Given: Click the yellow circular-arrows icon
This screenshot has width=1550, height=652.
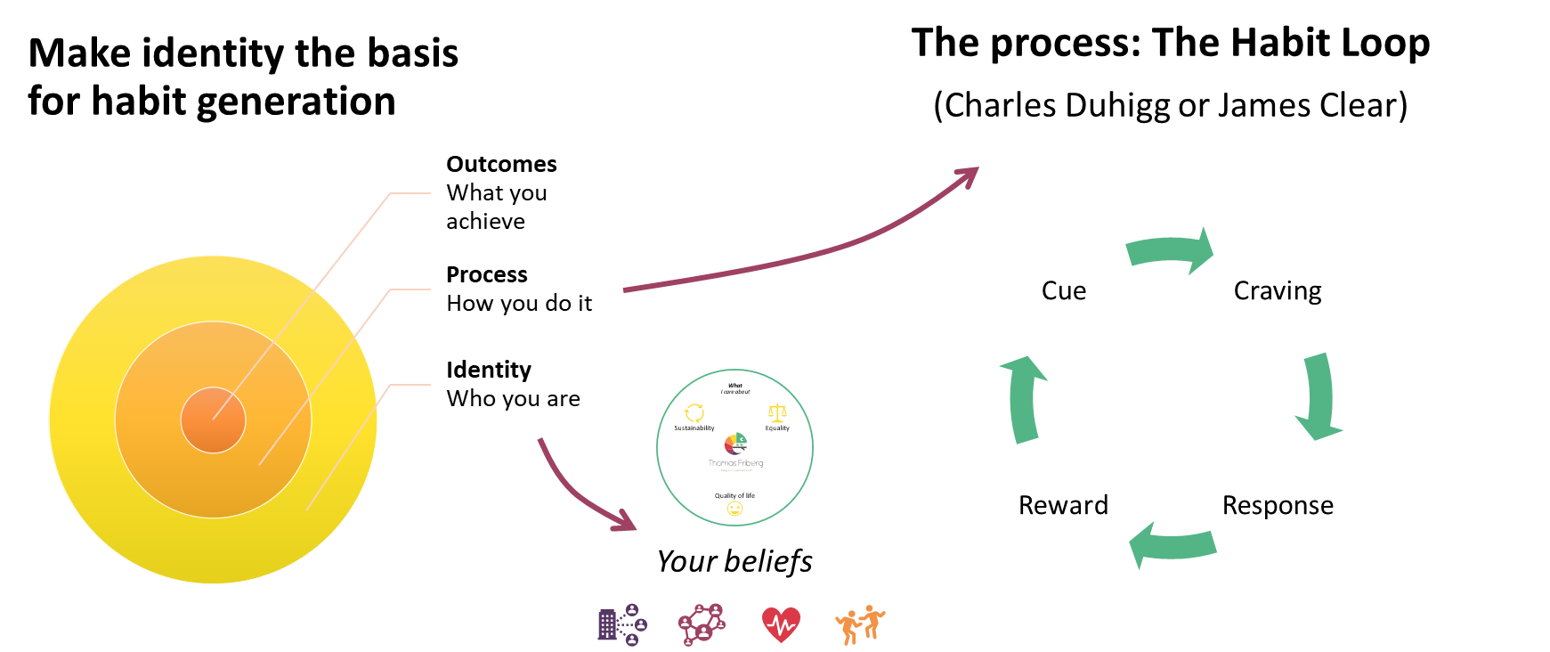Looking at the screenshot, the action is tap(694, 413).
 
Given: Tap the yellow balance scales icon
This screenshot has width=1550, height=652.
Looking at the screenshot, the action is tap(777, 413).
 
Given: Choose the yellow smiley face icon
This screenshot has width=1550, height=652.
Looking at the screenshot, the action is tap(734, 509).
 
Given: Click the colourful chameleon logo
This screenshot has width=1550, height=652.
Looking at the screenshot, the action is tap(735, 443).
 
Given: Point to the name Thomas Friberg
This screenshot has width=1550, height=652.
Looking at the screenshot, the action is tap(735, 463).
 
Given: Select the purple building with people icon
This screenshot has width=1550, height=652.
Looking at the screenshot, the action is tap(621, 624).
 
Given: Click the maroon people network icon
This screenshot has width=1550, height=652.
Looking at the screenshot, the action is tap(702, 624).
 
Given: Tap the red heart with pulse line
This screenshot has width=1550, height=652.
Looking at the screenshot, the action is tap(781, 624).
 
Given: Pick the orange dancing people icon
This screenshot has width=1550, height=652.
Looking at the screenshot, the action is tap(860, 624).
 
